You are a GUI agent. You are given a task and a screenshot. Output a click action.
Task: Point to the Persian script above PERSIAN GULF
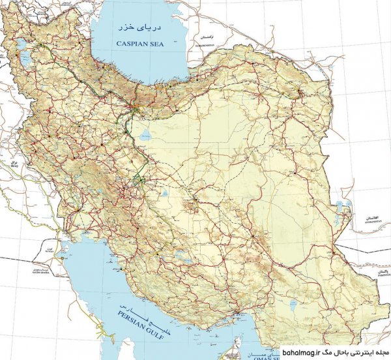click(x=139, y=312)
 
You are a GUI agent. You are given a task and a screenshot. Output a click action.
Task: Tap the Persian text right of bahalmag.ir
click(x=351, y=352)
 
